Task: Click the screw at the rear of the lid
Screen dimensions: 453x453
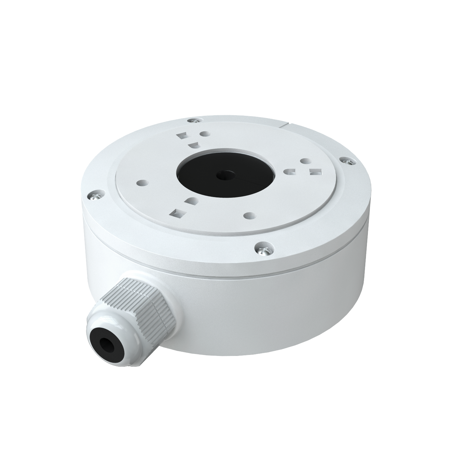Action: click(x=194, y=120)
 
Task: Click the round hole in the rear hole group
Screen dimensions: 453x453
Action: click(x=203, y=134)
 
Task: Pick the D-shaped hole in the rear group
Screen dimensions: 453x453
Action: click(x=193, y=145)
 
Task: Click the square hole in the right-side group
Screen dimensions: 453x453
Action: click(x=313, y=172)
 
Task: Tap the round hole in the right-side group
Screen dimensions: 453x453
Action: click(x=304, y=161)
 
